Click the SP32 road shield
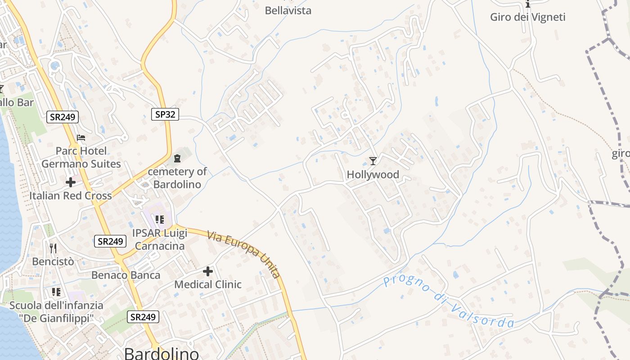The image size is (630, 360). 165,114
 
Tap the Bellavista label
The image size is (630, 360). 288,10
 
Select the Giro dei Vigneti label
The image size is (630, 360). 527,17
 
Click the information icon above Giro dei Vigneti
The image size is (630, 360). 528,4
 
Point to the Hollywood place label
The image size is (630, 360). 373,175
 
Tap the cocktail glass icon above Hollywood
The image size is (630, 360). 373,161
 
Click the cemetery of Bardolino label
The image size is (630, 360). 177,178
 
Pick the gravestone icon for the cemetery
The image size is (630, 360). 177,158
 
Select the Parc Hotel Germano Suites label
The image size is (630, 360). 81,157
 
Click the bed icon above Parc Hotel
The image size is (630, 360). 81,137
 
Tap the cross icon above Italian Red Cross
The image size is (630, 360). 71,182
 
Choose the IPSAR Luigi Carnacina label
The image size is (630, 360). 159,239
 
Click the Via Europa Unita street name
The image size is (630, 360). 244,254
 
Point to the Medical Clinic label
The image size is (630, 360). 207,284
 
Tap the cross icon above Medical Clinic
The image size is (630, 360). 207,271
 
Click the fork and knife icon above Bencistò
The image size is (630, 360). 53,248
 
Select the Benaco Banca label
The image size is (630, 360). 126,275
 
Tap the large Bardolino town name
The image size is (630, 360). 162,353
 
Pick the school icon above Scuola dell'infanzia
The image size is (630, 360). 56,292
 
